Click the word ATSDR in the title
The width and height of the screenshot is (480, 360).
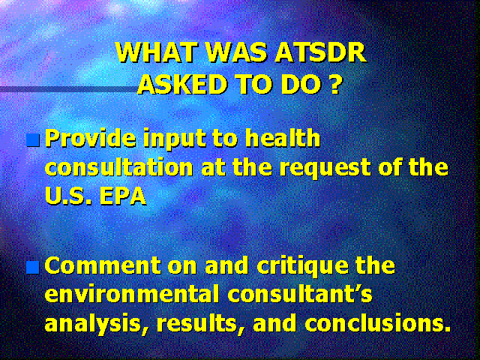point(320,53)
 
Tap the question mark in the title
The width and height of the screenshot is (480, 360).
point(335,84)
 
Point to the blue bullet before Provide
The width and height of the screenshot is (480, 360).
point(33,140)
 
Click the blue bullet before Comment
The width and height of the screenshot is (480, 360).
point(33,268)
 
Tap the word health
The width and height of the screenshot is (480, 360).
point(283,138)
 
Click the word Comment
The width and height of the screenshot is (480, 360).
point(103,265)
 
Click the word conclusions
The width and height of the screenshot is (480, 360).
point(378,323)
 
